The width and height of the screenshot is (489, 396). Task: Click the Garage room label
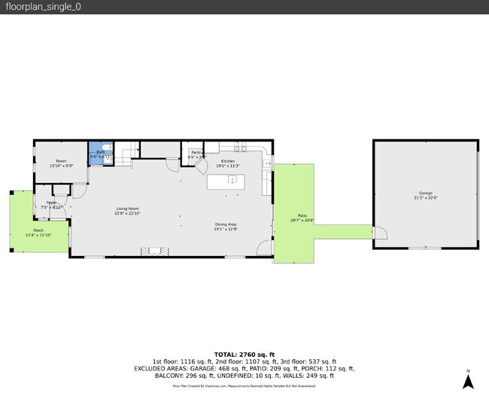425,193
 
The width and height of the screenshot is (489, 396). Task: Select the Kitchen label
227,161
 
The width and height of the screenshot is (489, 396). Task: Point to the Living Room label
127,209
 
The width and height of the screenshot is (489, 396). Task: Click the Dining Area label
226,224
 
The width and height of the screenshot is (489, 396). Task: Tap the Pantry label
197,153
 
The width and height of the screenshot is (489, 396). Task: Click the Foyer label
51,203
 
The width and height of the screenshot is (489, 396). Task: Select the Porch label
38,230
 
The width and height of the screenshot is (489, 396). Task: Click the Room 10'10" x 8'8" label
61,161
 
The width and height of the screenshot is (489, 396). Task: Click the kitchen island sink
232,181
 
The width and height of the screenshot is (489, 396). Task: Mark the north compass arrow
468,379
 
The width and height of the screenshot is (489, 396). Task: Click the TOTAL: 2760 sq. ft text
244,354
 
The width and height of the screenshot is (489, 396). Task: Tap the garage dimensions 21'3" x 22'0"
425,198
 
